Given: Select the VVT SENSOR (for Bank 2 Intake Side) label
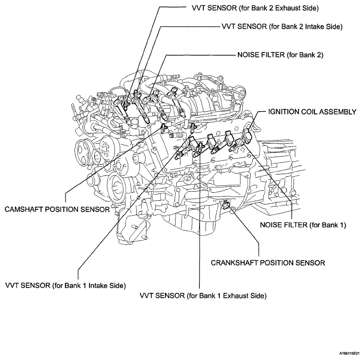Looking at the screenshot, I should pyautogui.click(x=282, y=26).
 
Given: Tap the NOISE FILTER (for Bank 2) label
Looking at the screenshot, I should pyautogui.click(x=280, y=55).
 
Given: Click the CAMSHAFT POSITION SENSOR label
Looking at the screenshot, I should pyautogui.click(x=57, y=209).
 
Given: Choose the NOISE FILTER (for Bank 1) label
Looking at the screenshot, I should pyautogui.click(x=303, y=225).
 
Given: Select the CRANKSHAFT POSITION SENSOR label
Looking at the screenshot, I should pyautogui.click(x=260, y=263).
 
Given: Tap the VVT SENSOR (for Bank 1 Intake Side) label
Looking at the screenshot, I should pyautogui.click(x=65, y=285).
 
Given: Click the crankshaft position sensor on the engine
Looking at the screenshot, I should pyautogui.click(x=228, y=204).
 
